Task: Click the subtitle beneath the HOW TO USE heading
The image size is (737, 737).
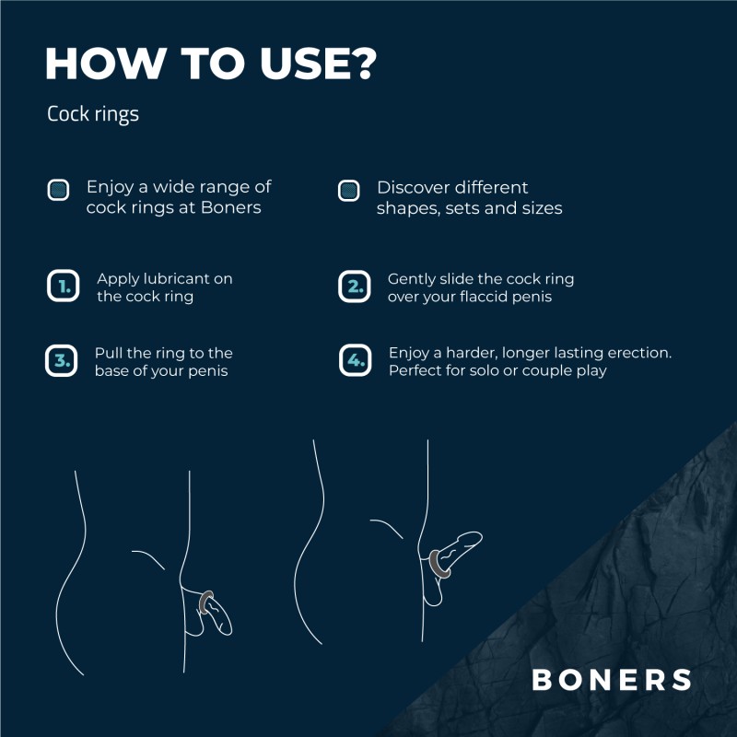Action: coord(93,115)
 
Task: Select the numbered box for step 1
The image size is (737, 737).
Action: coord(63,287)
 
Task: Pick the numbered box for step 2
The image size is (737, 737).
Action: coord(354,287)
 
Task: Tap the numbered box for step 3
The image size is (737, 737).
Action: coord(61,361)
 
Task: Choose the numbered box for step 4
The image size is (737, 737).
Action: coord(355,361)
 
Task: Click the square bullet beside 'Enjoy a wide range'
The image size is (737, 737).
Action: coord(59,191)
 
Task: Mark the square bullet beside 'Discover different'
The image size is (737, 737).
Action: coord(348,191)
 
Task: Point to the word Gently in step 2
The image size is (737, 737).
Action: coord(411,278)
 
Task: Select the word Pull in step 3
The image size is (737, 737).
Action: coord(108,353)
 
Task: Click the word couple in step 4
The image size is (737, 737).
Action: coord(530,370)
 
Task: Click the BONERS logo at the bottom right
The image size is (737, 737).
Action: coord(611,680)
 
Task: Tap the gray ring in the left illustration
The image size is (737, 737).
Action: coord(207,602)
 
